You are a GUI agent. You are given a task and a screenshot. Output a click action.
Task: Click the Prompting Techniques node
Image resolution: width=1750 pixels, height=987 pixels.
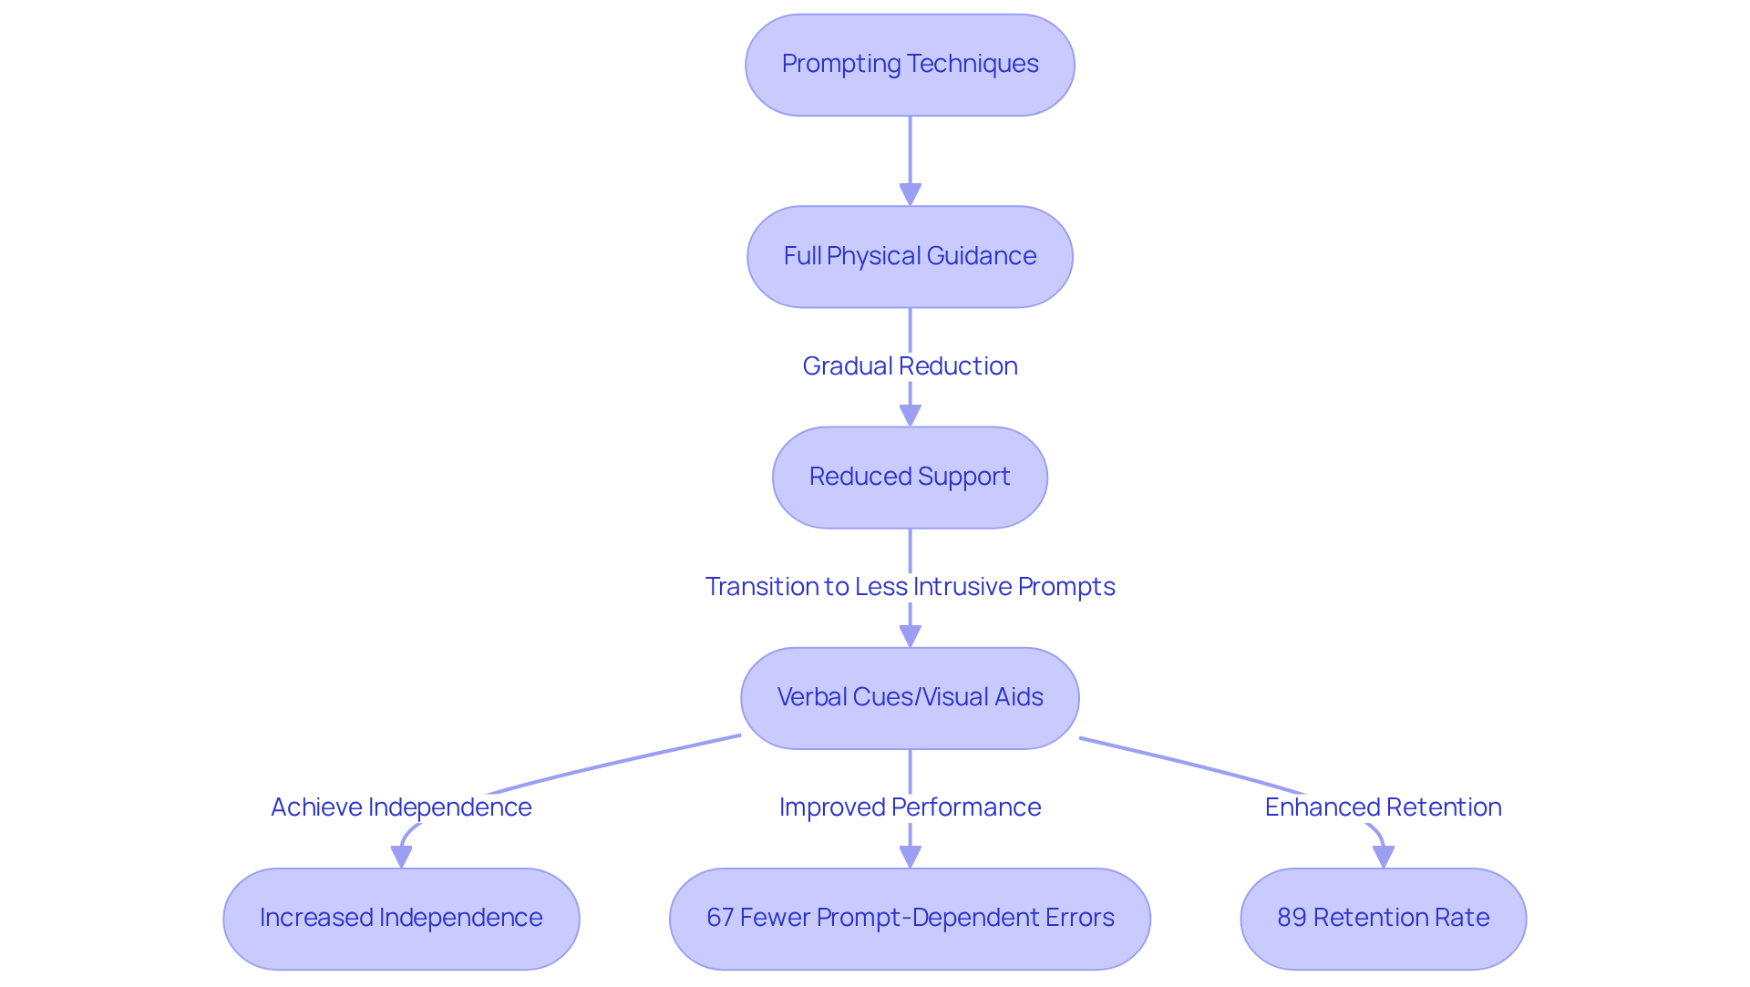(910, 65)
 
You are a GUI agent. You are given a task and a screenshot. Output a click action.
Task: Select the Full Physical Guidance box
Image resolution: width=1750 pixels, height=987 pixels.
(910, 256)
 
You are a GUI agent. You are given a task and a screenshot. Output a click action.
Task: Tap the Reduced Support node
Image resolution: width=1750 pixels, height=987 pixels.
(910, 477)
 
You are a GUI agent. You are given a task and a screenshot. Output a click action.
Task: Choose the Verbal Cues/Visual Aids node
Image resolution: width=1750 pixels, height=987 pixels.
(910, 697)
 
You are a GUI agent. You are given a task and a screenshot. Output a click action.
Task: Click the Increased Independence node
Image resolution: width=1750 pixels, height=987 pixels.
(401, 918)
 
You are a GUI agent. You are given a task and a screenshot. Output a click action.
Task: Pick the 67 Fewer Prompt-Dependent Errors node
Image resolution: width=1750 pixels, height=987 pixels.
(910, 918)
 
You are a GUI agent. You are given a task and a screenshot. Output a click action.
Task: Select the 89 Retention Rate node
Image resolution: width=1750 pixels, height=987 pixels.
(1383, 918)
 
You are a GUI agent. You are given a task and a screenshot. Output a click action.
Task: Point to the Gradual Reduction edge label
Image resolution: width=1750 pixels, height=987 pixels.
(910, 365)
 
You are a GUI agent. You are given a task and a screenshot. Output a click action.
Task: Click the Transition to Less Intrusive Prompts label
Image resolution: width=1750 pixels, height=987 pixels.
(910, 586)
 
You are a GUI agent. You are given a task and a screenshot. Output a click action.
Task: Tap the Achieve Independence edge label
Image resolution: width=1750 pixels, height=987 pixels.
(401, 807)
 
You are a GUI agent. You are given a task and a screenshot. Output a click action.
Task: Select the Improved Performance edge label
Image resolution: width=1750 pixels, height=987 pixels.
(910, 807)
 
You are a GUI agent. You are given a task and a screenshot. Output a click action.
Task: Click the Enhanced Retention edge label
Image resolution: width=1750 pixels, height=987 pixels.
(1383, 807)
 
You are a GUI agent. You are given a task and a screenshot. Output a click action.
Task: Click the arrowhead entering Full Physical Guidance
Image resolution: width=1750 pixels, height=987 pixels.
(910, 194)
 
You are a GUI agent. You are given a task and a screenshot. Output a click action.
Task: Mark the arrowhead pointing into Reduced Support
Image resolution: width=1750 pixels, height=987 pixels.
(910, 415)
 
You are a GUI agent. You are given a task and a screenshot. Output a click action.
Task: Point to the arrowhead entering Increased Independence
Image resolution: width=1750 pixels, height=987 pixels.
(401, 857)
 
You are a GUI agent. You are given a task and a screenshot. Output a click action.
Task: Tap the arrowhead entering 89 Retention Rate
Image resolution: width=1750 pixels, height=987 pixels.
(1383, 857)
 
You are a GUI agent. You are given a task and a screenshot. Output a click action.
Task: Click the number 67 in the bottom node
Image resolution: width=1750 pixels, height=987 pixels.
(720, 918)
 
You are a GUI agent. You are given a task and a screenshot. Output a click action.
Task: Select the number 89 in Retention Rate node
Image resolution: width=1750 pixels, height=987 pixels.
(1292, 918)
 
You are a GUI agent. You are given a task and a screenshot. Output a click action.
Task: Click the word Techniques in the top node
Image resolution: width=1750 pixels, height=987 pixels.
(973, 64)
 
